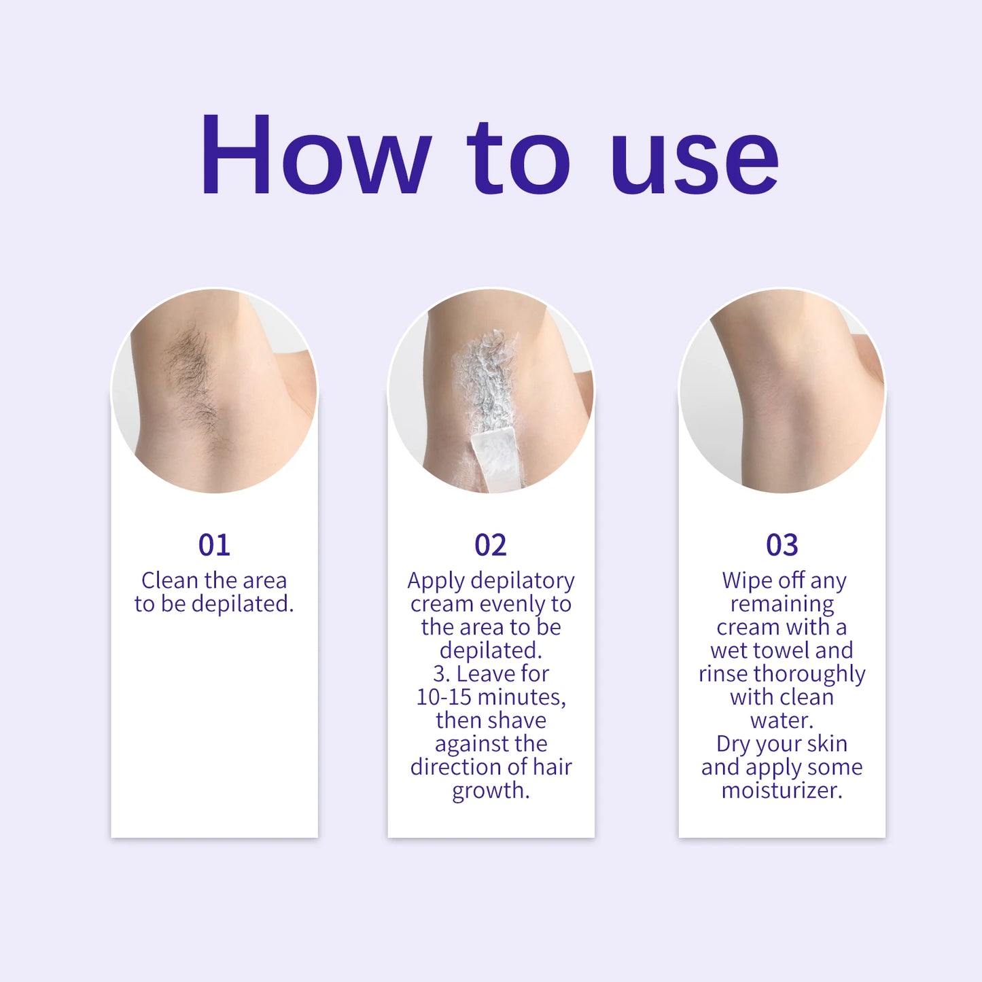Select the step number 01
[x=214, y=545]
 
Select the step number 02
[x=491, y=545]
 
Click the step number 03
[x=782, y=545]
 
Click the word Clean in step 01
[x=170, y=580]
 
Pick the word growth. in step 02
[x=491, y=791]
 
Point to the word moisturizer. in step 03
[x=782, y=790]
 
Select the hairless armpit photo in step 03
[x=782, y=391]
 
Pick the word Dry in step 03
[x=732, y=744]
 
